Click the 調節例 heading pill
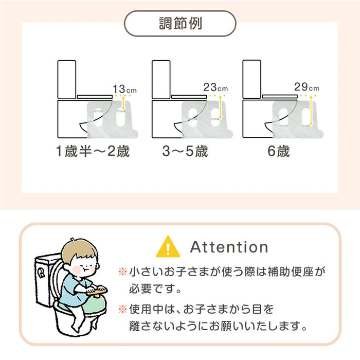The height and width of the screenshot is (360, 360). coord(179,23)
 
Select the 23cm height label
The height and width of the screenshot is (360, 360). coord(214,87)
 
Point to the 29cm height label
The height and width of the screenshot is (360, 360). coord(307,87)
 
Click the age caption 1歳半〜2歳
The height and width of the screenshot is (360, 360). coord(93,152)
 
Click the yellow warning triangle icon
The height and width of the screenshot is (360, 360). coord(168,246)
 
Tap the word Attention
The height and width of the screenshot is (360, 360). coord(229,247)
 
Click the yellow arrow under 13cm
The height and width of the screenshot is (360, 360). coord(124,104)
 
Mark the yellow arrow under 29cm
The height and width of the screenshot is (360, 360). coord(312,109)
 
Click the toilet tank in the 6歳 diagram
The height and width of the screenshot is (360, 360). coord(251,78)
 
